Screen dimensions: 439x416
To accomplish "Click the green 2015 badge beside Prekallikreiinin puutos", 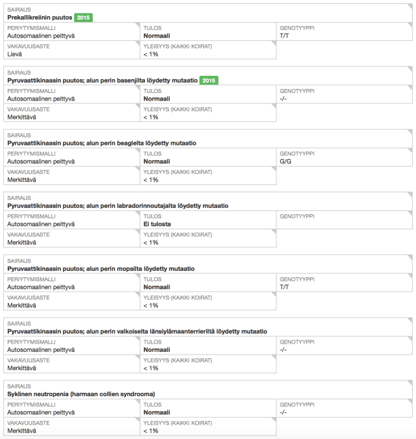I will click(x=84, y=18).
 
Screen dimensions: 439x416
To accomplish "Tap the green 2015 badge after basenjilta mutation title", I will click(x=209, y=81).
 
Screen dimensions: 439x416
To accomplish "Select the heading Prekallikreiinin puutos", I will click(x=39, y=18).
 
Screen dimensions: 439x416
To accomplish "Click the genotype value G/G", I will click(x=287, y=161).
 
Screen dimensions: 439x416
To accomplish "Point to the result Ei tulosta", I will click(x=157, y=224).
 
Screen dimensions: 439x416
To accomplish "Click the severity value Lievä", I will click(x=16, y=55).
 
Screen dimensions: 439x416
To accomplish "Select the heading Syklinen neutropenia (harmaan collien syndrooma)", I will click(x=81, y=394).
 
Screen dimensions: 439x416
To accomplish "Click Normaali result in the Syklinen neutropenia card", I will click(x=157, y=412).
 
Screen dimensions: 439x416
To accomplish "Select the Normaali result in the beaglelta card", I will click(x=157, y=161).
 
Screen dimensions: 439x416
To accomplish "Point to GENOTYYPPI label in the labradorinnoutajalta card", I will click(x=297, y=216).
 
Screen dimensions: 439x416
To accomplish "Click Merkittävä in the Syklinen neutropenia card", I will click(x=21, y=431).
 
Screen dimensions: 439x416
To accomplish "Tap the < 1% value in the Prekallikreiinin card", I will click(x=150, y=55).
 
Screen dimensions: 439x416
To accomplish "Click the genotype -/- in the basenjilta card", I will click(x=283, y=99).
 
